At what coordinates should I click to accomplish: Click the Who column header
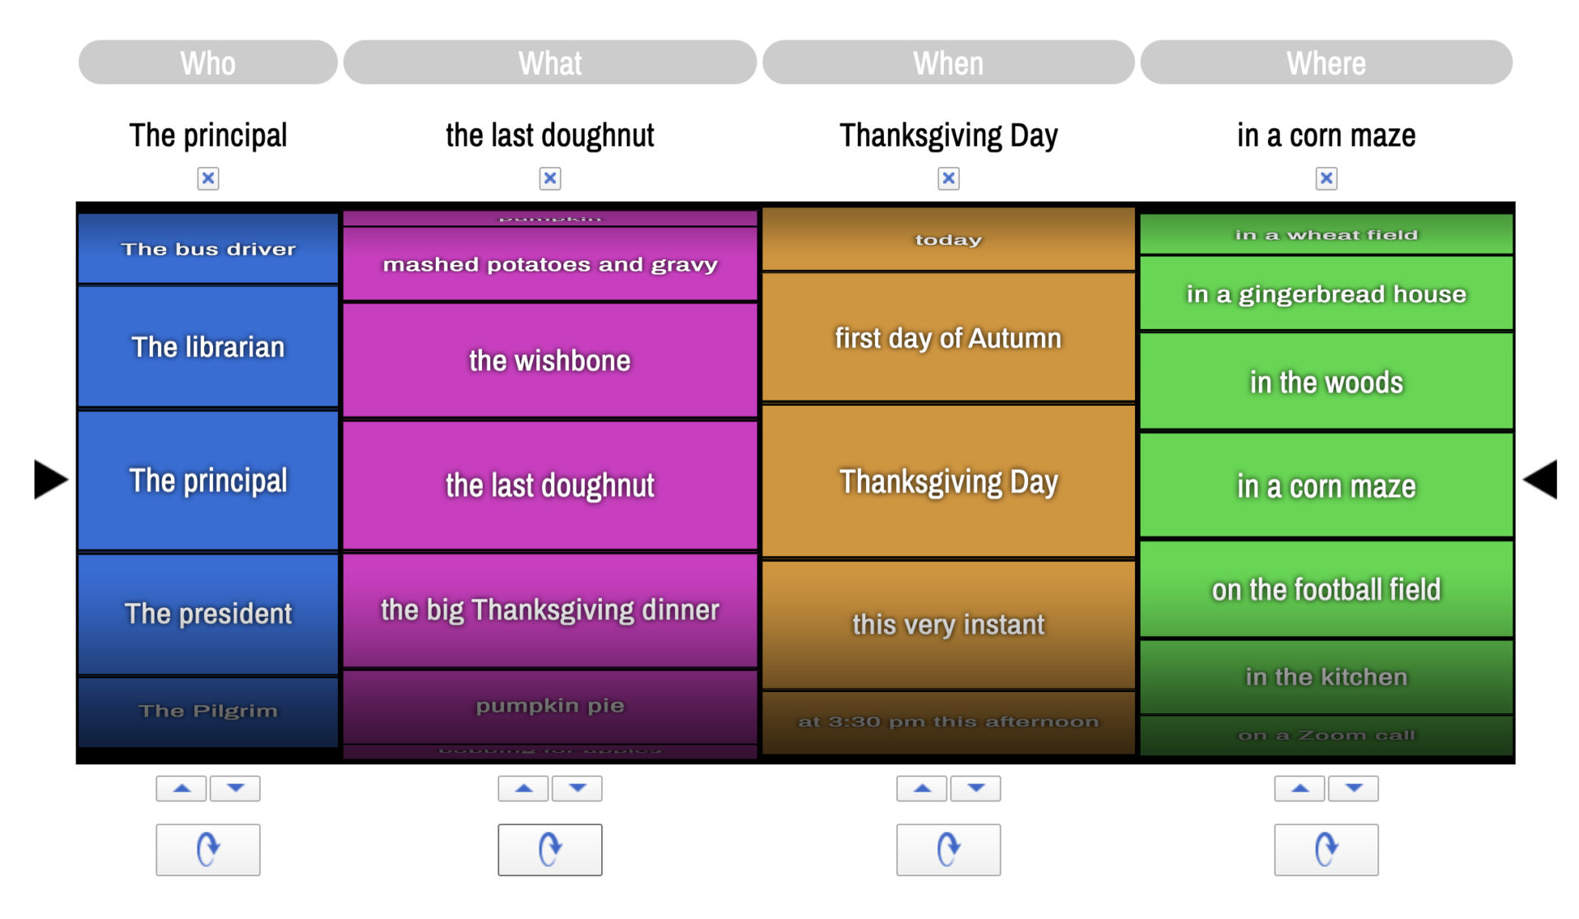(x=207, y=63)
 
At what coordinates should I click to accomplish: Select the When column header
(x=947, y=63)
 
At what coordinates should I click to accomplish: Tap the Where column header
(x=1325, y=63)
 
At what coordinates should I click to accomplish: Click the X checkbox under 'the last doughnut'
(x=549, y=178)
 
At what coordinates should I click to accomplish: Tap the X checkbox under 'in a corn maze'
(x=1326, y=178)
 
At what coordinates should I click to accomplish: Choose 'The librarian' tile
(x=207, y=346)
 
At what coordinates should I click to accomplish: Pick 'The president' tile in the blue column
(x=207, y=613)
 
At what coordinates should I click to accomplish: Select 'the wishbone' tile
(x=549, y=360)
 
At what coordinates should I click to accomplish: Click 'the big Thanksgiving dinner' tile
(x=549, y=610)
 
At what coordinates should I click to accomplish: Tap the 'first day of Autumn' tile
(x=947, y=337)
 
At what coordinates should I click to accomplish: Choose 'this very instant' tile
(x=947, y=624)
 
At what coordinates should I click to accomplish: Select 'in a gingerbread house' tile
(x=1326, y=294)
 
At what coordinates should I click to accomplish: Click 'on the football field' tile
(x=1326, y=589)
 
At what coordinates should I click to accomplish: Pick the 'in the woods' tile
(x=1326, y=382)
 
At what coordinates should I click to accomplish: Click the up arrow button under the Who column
(x=182, y=788)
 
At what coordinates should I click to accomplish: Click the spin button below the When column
(x=947, y=849)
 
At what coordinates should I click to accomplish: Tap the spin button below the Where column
(x=1326, y=849)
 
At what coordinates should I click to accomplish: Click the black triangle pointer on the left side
(x=49, y=479)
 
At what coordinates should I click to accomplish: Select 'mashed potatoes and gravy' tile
(x=549, y=264)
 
